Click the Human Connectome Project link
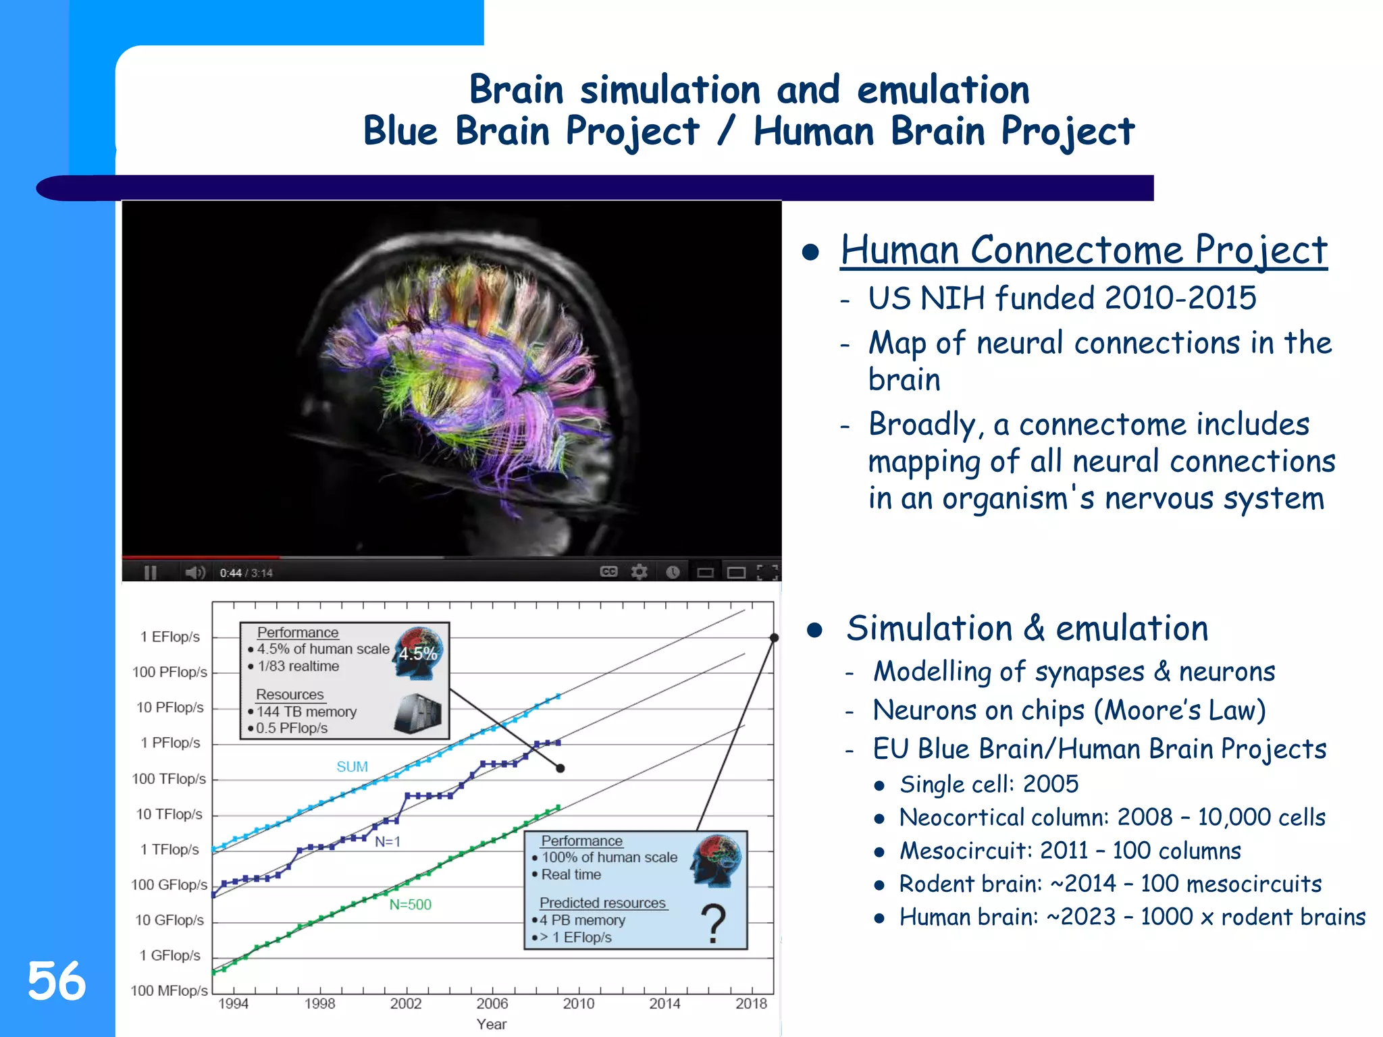click(x=1083, y=250)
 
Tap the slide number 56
click(x=57, y=981)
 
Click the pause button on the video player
click(x=151, y=573)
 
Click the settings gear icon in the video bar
click(x=639, y=573)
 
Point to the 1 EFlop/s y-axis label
click(x=170, y=637)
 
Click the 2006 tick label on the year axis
click(x=492, y=1003)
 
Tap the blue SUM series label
click(x=352, y=767)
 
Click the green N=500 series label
click(x=410, y=905)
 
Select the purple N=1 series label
click(x=388, y=842)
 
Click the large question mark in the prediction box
click(x=713, y=925)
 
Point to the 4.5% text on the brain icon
click(x=418, y=654)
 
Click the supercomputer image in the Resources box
click(x=418, y=713)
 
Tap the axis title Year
click(x=491, y=1024)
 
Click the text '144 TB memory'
click(x=307, y=712)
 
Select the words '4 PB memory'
click(x=582, y=920)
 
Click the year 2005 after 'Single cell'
click(x=1051, y=784)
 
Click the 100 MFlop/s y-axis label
click(x=169, y=990)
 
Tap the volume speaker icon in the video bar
click(x=195, y=573)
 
